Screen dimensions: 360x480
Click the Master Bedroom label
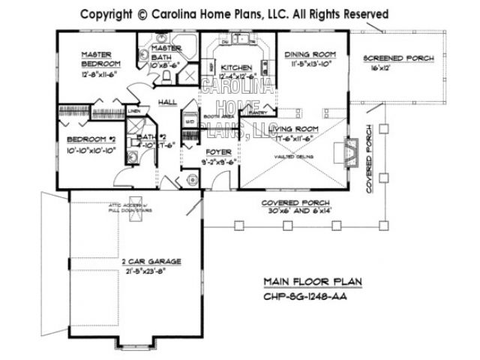pyautogui.click(x=97, y=59)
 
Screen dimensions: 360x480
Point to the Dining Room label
pyautogui.click(x=309, y=55)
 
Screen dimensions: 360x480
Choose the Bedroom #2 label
pyautogui.click(x=90, y=139)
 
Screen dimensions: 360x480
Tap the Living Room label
pyautogui.click(x=298, y=129)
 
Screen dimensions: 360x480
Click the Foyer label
pyautogui.click(x=218, y=151)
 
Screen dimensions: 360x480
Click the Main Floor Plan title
pyautogui.click(x=312, y=282)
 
